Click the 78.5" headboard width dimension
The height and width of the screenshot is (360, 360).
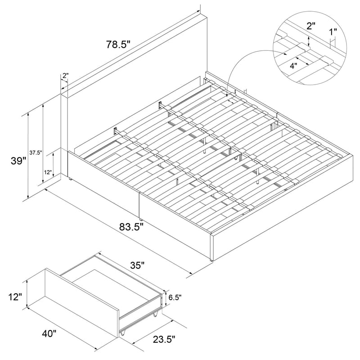118,45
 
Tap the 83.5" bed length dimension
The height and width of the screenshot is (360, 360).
131,227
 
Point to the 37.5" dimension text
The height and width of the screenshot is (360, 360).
36,153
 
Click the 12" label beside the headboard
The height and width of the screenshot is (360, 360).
48,172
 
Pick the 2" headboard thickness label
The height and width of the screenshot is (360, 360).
65,76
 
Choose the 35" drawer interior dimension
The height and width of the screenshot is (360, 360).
137,265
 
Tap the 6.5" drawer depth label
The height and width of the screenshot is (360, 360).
175,297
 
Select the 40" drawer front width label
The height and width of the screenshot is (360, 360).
49,333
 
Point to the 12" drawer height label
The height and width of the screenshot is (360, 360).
15,297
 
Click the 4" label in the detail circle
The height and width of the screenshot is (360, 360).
293,66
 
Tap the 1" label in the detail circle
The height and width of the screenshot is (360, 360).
333,32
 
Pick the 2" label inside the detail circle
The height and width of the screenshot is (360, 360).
311,26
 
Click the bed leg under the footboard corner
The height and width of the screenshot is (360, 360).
211,261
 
